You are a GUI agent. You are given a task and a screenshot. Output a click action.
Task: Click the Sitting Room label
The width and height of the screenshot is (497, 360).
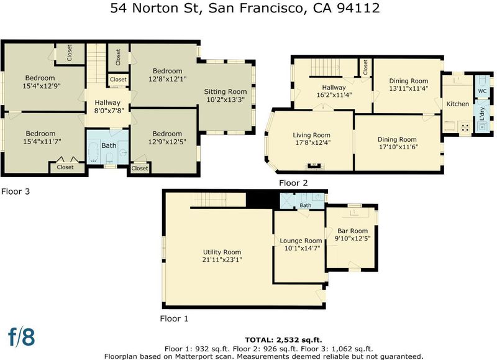(226, 91)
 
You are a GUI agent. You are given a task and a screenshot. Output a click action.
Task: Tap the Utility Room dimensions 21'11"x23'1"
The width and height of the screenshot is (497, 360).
(222, 260)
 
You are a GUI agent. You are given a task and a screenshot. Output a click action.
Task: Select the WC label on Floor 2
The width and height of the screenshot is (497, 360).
(482, 91)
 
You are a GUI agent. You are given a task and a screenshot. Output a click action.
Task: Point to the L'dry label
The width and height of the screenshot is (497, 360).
(482, 114)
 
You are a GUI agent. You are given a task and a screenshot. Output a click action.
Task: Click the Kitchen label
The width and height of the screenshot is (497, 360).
(458, 104)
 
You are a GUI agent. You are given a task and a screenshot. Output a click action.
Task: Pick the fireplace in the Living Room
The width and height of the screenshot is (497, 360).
(313, 165)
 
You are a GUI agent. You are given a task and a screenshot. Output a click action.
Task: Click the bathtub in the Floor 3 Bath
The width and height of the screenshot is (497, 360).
(94, 152)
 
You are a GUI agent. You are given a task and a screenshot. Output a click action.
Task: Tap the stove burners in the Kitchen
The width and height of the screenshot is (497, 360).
(465, 127)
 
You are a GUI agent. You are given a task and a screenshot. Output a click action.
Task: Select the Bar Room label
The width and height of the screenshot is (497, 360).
(352, 231)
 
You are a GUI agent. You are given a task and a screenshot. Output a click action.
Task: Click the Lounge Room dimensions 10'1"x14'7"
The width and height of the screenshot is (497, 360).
(302, 248)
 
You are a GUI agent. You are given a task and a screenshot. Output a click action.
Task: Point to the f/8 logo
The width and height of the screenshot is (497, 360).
(22, 337)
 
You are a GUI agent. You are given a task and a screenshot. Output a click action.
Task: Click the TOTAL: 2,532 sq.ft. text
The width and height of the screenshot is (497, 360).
(283, 340)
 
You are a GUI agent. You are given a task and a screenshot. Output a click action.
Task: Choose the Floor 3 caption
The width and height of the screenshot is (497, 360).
(16, 192)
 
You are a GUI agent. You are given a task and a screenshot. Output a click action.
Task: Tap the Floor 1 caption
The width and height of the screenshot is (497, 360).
(174, 319)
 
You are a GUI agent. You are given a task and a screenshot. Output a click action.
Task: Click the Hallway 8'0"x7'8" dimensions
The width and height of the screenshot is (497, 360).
(109, 111)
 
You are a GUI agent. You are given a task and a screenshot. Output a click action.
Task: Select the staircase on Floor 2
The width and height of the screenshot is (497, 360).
(326, 68)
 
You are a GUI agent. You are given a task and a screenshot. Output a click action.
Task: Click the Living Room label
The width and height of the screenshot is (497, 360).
(311, 135)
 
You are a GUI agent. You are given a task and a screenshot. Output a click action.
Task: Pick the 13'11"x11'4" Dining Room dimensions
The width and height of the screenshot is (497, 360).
(409, 88)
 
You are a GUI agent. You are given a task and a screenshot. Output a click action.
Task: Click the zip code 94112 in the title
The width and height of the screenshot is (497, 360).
(358, 8)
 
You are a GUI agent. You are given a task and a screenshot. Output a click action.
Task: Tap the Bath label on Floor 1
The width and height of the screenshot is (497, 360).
(305, 206)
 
